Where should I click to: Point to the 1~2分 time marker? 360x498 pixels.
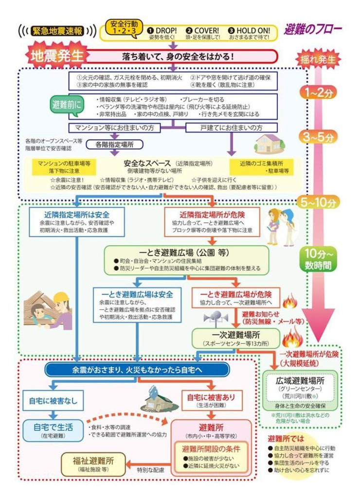click(318, 92)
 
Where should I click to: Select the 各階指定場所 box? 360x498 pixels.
click(115, 144)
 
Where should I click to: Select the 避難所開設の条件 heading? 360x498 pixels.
click(208, 448)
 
